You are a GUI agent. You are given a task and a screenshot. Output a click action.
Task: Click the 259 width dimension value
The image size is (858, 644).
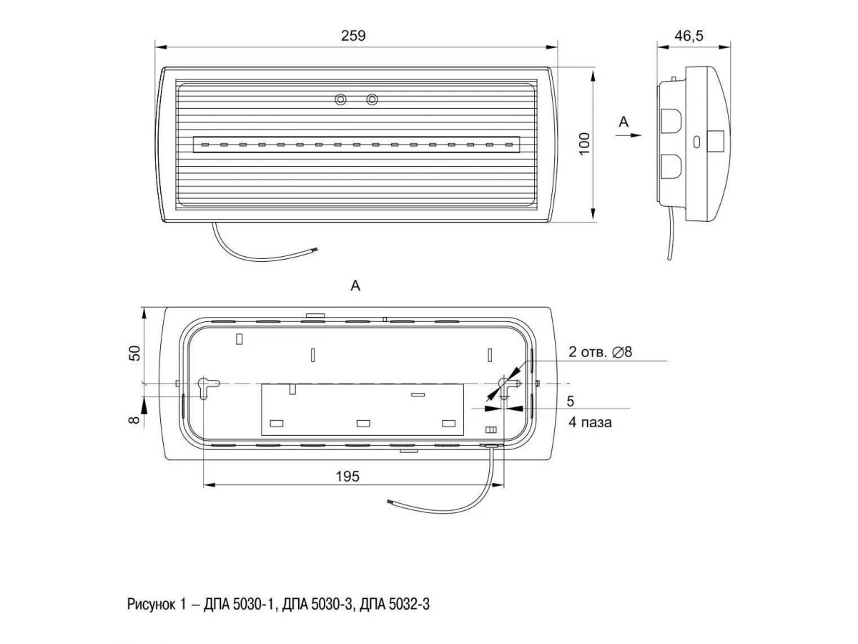coord(353,36)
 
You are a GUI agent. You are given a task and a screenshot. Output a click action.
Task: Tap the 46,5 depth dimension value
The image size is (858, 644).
coord(689,36)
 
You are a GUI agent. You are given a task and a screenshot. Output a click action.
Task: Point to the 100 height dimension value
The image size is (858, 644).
coord(584,144)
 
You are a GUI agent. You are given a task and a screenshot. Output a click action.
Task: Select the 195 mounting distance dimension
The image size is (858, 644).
coord(347,477)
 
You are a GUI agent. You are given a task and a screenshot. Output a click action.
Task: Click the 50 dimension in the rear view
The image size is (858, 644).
coord(134,353)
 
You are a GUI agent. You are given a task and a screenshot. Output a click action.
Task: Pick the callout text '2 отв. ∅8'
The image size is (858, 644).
coord(600,352)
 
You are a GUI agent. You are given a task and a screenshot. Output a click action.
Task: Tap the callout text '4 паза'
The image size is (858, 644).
coord(590,422)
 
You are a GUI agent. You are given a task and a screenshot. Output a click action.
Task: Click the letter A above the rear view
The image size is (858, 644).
coord(355,286)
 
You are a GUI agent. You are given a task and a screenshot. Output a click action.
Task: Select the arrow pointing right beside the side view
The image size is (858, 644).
coord(628,135)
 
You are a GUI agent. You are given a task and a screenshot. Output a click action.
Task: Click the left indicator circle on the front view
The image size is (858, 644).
coord(340,99)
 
